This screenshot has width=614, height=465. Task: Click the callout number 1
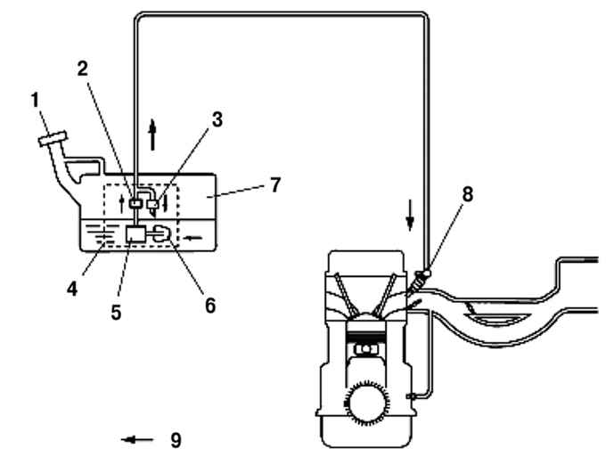[36, 100]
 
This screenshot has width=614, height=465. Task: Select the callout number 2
[82, 69]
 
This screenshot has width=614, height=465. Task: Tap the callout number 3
[217, 119]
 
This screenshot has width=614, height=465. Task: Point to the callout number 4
[72, 290]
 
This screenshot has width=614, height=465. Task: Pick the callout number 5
[116, 313]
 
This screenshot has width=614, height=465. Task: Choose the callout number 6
[210, 306]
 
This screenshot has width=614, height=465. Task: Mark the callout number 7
[275, 184]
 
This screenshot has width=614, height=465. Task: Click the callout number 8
[468, 194]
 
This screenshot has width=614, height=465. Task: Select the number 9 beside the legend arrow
[176, 440]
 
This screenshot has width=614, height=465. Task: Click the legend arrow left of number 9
[137, 440]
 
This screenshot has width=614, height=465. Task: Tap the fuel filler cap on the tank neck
[53, 139]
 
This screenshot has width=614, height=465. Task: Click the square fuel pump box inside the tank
[135, 234]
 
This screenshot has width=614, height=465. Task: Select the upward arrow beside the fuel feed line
[152, 135]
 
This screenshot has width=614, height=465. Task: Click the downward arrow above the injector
[410, 216]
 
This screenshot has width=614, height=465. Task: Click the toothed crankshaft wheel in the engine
[366, 404]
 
